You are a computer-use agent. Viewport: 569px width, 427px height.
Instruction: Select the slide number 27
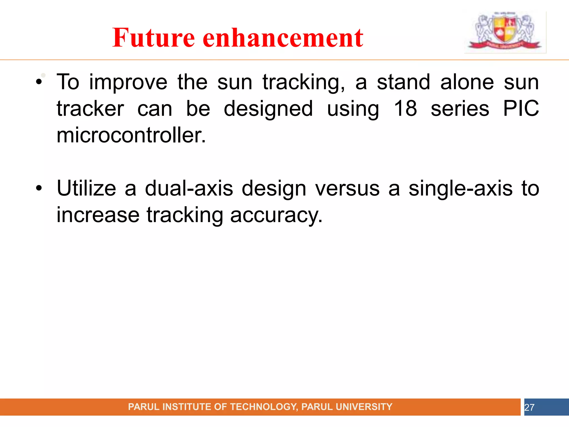point(529,407)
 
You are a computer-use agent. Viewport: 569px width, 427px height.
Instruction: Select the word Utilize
point(86,188)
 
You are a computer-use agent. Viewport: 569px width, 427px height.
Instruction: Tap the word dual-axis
point(189,188)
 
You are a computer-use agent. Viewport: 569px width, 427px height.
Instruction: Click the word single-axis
point(460,188)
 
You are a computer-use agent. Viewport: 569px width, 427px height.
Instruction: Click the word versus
point(347,188)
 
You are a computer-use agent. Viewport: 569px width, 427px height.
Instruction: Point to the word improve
point(128,83)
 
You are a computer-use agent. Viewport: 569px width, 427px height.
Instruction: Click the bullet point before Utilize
point(39,188)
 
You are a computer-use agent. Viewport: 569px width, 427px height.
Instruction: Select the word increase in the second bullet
point(98,215)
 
